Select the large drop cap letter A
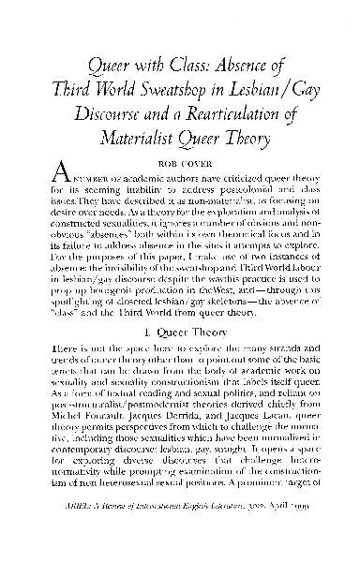pyautogui.click(x=58, y=174)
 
